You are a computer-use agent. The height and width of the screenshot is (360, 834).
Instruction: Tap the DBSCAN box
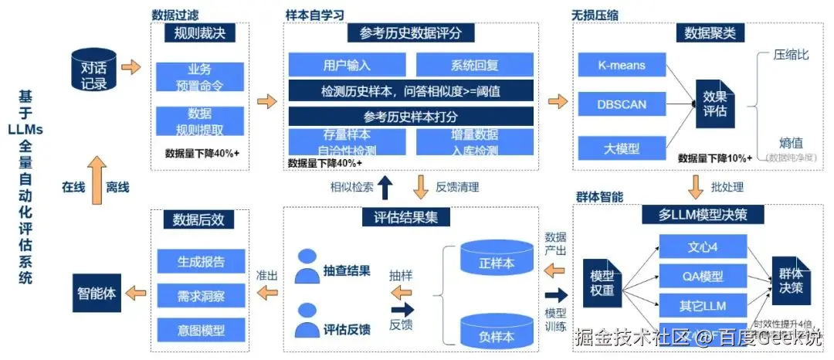(x=621, y=104)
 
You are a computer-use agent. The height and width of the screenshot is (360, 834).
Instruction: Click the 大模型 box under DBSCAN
(x=621, y=147)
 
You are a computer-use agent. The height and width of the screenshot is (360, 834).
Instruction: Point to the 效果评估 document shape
(x=714, y=104)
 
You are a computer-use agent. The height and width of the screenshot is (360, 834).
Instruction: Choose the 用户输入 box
(x=347, y=65)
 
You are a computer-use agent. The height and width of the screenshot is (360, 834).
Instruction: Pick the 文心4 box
(x=703, y=248)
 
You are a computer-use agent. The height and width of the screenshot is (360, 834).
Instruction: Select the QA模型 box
(x=703, y=276)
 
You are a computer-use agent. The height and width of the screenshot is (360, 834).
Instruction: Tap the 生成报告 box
(x=200, y=261)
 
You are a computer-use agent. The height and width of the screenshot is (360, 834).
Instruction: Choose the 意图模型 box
(x=200, y=330)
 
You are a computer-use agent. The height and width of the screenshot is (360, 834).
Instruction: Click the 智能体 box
(x=96, y=294)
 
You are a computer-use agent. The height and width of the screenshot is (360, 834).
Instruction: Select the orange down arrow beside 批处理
(x=695, y=187)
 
